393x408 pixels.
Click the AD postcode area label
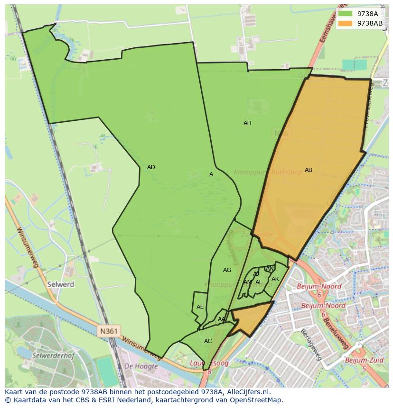151,167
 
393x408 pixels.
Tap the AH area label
247,123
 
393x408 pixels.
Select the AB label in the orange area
309,170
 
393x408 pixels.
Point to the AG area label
227,270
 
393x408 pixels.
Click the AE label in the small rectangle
200,307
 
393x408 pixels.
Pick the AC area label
208,341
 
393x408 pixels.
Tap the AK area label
275,279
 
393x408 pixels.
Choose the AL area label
259,282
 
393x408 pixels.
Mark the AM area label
247,282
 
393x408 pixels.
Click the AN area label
270,269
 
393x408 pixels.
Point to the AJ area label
256,274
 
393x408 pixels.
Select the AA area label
222,319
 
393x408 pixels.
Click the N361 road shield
110,331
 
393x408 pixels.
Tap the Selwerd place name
60,285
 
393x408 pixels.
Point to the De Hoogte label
141,366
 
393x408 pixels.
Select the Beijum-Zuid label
364,361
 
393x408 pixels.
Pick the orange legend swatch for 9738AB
346,23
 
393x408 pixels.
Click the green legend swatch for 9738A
346,14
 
